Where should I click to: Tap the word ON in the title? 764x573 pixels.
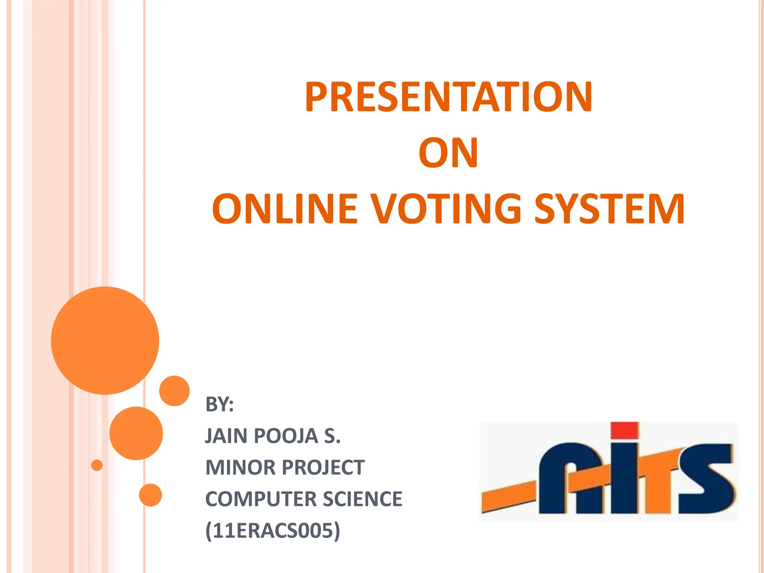tap(448, 153)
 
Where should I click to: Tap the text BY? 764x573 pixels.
tap(219, 404)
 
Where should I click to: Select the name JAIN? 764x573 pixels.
tap(226, 436)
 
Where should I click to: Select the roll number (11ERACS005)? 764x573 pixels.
tap(273, 530)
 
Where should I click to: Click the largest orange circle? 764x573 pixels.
tap(105, 340)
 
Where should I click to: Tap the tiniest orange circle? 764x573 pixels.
tap(97, 465)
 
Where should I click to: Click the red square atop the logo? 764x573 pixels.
tap(625, 430)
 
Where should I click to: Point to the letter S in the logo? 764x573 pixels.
tap(705, 479)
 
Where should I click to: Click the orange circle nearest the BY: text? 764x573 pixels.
tap(174, 391)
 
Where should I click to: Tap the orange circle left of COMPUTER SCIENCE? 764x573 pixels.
tap(150, 495)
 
